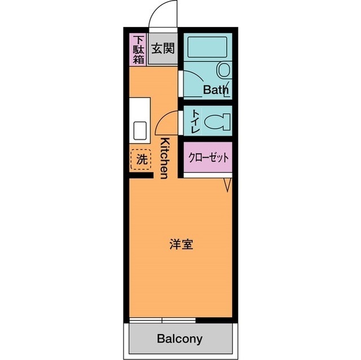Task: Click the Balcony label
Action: [x=179, y=339]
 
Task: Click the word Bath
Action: [x=215, y=89]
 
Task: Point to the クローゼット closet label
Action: [x=208, y=158]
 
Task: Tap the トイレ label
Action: [x=194, y=121]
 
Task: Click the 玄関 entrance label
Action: [x=162, y=47]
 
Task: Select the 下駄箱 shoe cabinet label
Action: [x=138, y=49]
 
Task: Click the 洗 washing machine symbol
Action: [x=141, y=159]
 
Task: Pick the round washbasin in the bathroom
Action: [x=224, y=71]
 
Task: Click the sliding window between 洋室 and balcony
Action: [x=162, y=321]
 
